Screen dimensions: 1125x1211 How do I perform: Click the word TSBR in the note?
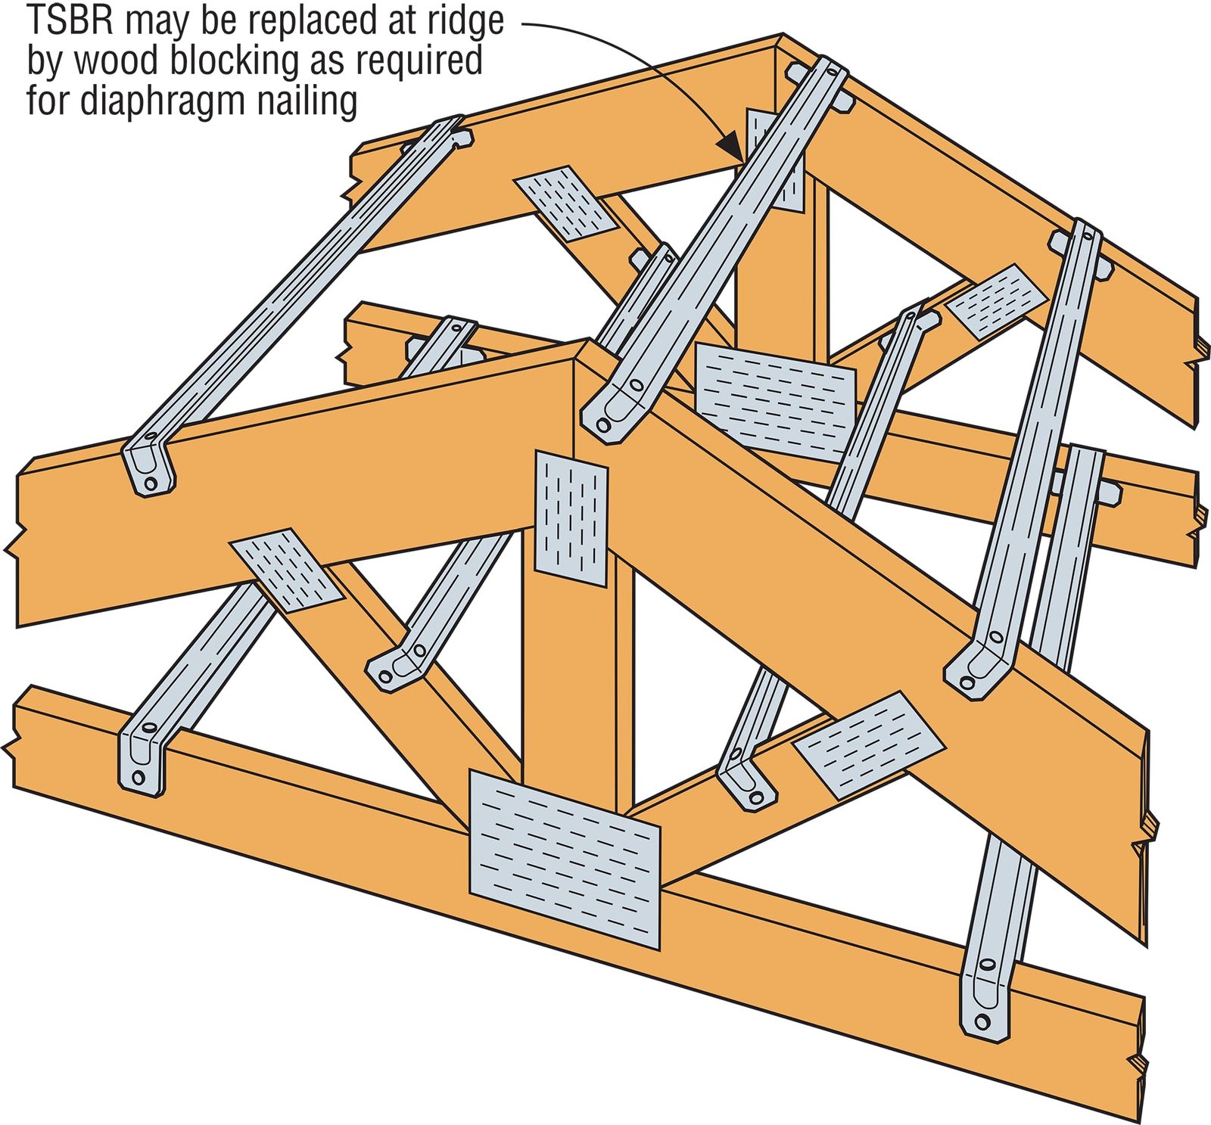coord(70,21)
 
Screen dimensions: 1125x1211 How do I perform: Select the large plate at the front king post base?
coord(564,859)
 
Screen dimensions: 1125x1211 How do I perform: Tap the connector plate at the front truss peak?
coord(571,518)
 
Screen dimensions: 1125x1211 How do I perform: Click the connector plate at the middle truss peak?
coord(775,401)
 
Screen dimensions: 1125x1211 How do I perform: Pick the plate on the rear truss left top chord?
coord(565,203)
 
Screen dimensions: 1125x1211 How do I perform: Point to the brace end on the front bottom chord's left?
coord(141,757)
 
